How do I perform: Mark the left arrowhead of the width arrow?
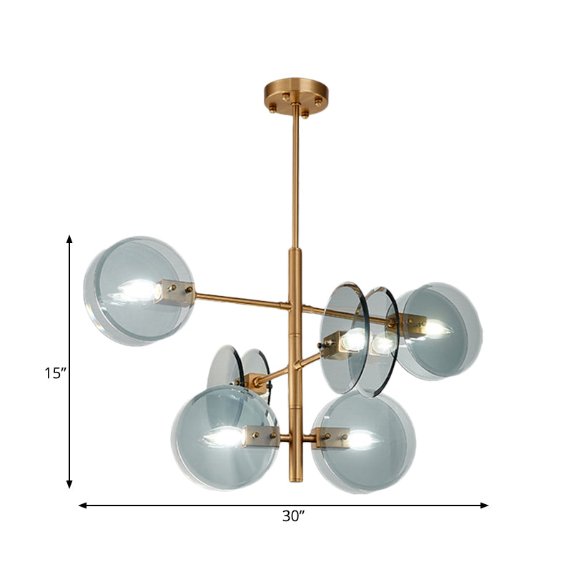(x=83, y=506)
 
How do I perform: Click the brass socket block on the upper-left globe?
(x=174, y=292)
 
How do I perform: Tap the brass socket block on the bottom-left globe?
(x=260, y=435)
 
